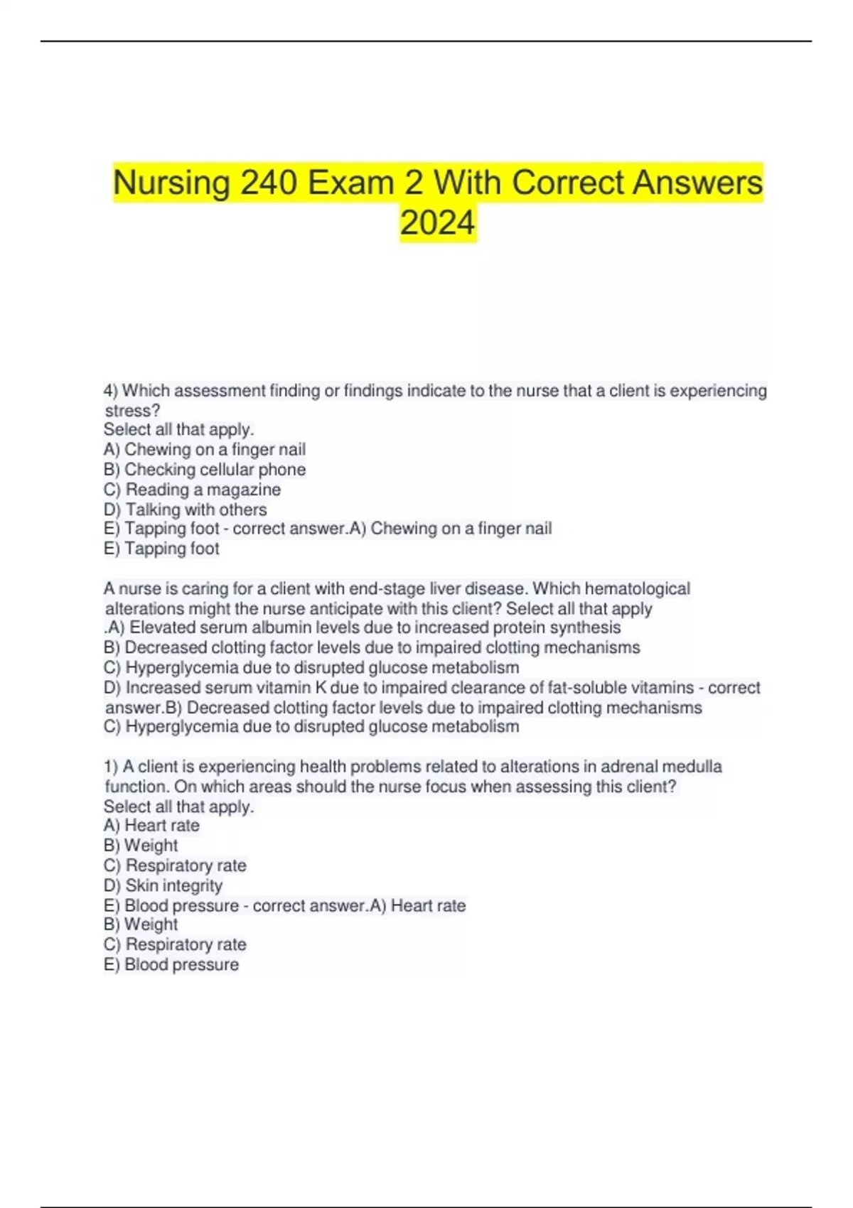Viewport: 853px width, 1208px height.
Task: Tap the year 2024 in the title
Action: pos(437,222)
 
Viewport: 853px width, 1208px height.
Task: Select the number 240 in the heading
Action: pos(269,183)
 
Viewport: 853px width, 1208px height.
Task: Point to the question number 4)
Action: pos(111,391)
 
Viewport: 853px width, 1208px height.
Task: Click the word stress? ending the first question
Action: pos(132,411)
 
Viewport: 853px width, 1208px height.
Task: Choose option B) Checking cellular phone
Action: pos(205,470)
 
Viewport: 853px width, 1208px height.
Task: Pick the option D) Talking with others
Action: pos(186,509)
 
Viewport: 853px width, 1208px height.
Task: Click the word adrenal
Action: pos(630,767)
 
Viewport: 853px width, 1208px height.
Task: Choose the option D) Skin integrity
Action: pos(163,885)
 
